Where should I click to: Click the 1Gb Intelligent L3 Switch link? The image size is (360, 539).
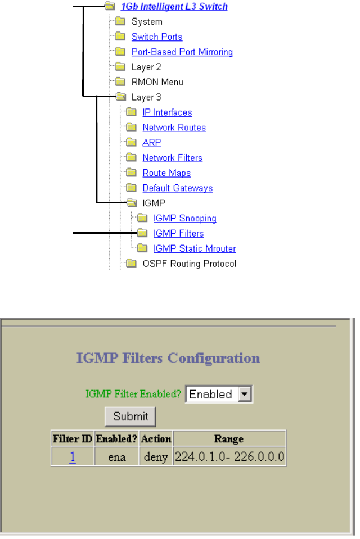click(x=174, y=7)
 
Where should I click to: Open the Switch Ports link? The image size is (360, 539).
click(x=157, y=37)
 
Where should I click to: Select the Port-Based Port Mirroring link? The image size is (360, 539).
click(x=182, y=52)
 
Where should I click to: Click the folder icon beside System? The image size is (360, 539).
click(x=120, y=22)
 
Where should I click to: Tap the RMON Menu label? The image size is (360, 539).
click(x=157, y=82)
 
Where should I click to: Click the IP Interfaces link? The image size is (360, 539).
click(x=167, y=112)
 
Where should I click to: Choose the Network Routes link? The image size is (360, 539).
click(x=174, y=128)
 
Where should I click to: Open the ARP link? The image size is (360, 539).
click(x=152, y=143)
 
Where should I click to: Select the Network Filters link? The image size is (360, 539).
click(x=172, y=158)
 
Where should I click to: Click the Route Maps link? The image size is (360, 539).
click(x=166, y=173)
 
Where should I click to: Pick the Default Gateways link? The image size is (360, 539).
click(x=178, y=188)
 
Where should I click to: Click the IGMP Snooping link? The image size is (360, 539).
click(x=185, y=219)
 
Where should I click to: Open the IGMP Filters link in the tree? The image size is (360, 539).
click(x=178, y=233)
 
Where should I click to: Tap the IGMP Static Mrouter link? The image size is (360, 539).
click(x=195, y=248)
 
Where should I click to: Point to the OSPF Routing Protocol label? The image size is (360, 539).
click(x=190, y=264)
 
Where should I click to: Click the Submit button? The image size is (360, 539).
click(x=130, y=416)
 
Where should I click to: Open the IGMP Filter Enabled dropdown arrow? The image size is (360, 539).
click(x=245, y=395)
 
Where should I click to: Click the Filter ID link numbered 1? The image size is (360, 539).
click(x=73, y=458)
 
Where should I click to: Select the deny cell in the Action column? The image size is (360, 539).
click(x=156, y=458)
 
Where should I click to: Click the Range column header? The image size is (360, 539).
click(x=229, y=438)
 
